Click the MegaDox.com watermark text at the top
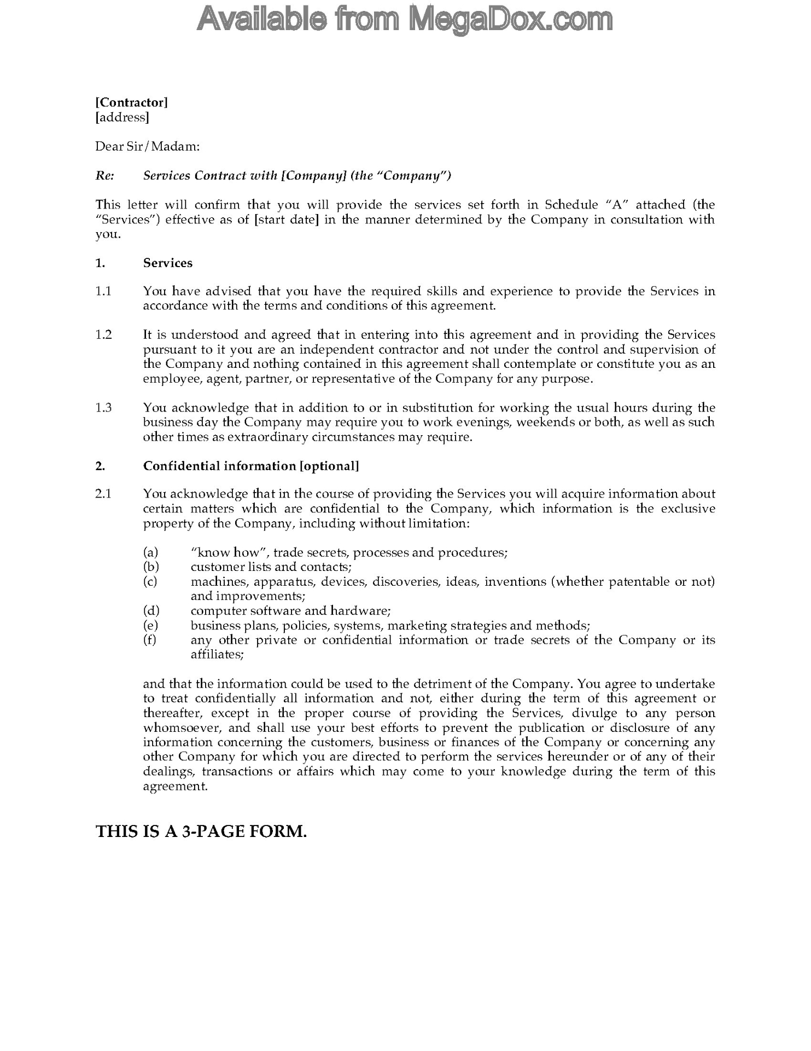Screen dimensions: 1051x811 (405, 20)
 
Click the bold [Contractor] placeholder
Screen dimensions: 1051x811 (132, 102)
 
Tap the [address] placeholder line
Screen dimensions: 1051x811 (122, 117)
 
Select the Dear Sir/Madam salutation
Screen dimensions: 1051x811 (148, 146)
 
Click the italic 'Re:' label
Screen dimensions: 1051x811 (104, 175)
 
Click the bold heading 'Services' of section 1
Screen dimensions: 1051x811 (168, 263)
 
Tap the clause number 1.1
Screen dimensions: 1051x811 (103, 291)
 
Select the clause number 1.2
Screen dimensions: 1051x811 (103, 334)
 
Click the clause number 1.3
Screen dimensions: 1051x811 (103, 407)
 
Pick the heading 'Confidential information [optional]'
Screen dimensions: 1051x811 (251, 466)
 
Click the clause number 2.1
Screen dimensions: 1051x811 (103, 494)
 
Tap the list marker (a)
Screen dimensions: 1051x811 (150, 552)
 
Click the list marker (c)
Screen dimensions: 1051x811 (150, 581)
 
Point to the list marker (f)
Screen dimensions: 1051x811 (150, 640)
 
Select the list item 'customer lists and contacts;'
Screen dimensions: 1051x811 (271, 567)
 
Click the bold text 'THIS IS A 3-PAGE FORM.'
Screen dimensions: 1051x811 (201, 831)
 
